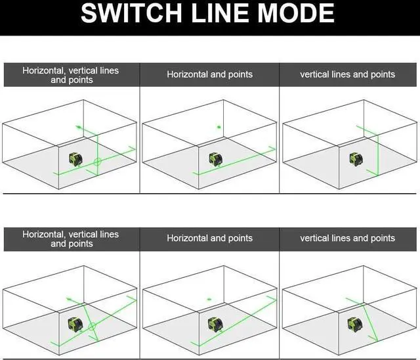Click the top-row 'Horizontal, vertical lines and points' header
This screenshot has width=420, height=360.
coord(71,75)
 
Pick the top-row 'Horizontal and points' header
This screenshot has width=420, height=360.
coord(209,75)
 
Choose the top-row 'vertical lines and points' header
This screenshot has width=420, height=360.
coord(348,75)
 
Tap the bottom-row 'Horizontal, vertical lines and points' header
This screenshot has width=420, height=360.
coord(71,239)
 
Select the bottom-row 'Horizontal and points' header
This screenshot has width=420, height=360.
coord(209,238)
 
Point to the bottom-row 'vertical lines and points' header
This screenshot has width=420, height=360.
coord(348,238)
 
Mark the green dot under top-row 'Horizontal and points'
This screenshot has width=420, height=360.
coord(219,127)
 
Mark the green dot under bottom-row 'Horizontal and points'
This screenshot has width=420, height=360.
coord(209,299)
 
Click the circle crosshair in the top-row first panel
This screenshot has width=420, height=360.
coord(96,161)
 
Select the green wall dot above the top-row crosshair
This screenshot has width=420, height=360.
coord(79,126)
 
